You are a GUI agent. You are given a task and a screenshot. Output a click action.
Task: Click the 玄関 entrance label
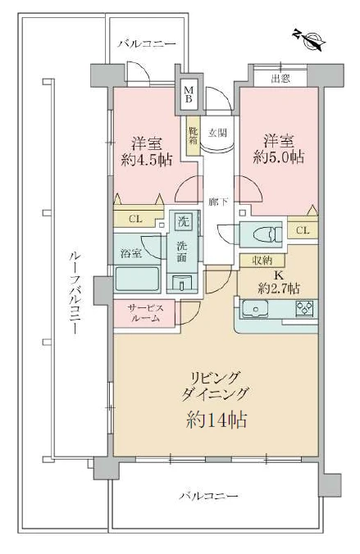(216, 130)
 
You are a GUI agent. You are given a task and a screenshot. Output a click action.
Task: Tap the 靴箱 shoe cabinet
(194, 140)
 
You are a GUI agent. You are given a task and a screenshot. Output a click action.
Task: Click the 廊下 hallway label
(216, 201)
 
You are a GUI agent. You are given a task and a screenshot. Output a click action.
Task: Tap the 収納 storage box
(257, 260)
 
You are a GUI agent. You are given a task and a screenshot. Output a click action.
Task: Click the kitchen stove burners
(303, 310)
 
